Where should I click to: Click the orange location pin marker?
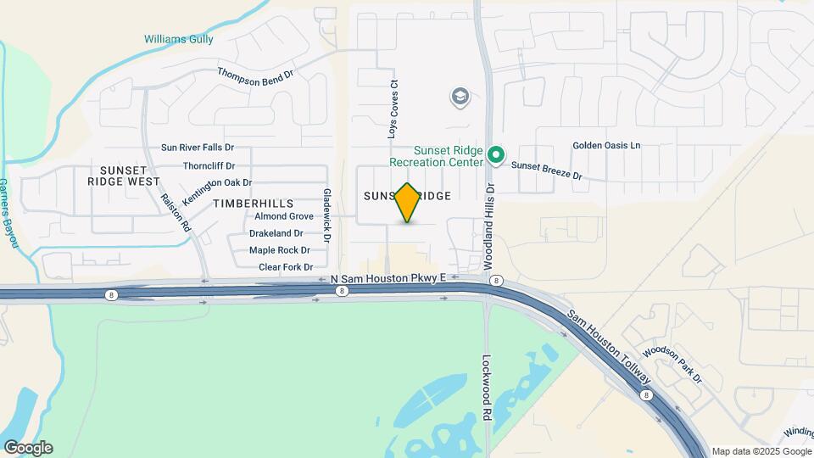point(408,202)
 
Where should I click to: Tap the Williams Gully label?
point(178,39)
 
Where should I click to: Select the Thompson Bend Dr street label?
point(255,74)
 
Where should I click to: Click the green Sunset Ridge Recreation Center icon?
point(497,156)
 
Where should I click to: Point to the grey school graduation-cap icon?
point(460,98)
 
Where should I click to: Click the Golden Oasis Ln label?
point(606,145)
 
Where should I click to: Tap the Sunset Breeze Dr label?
point(547,171)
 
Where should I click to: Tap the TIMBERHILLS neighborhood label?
point(254,204)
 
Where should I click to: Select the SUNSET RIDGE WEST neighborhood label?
point(124,176)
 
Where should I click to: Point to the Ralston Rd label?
point(176,210)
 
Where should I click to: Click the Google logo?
point(28,447)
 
